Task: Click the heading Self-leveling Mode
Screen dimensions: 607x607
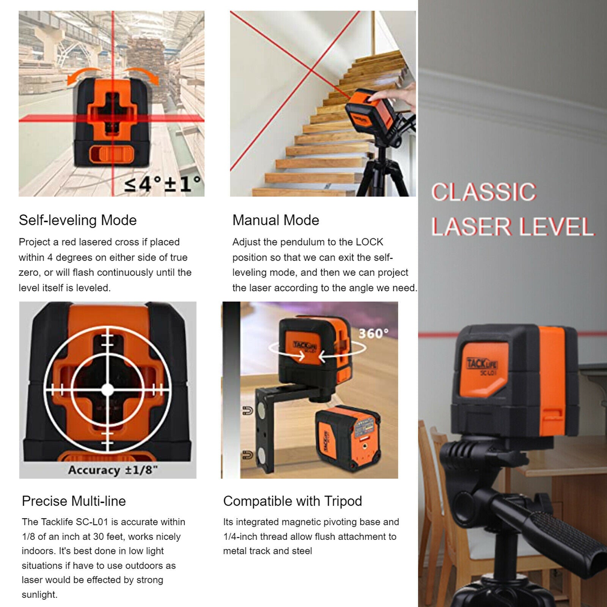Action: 78,220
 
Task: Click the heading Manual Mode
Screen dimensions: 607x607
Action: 276,220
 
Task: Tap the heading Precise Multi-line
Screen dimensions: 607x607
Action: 74,501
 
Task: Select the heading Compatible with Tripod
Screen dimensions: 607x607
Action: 292,501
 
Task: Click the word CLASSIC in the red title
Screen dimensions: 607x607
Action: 484,192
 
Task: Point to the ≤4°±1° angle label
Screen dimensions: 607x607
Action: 163,184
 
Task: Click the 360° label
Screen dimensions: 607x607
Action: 374,334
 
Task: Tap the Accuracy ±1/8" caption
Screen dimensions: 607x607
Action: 113,470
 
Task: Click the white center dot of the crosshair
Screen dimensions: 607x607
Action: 108,389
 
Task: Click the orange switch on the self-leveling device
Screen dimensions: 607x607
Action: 112,156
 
